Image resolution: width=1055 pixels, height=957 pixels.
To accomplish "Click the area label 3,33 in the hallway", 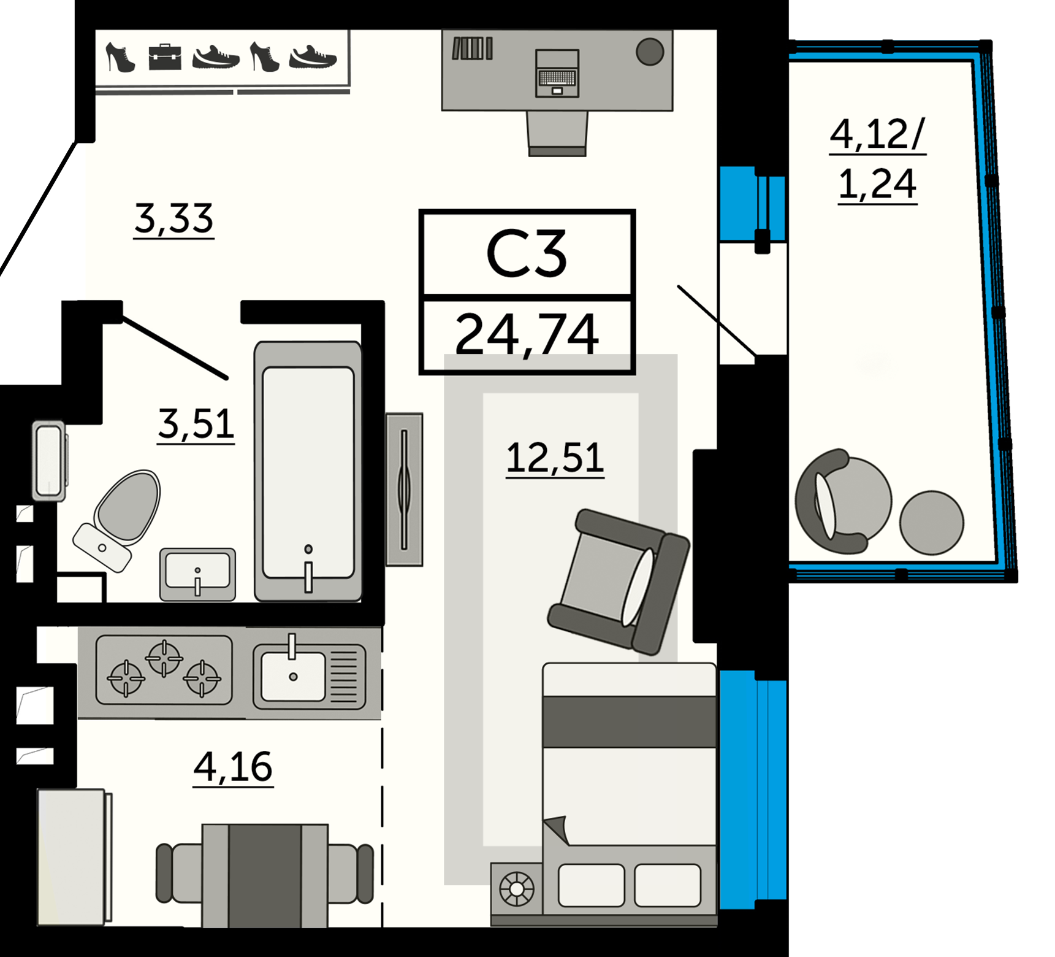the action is point(174,219).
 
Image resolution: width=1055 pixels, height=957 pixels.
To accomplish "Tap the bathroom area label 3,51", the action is point(196,424).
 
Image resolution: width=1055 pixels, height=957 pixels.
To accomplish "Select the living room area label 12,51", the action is point(555,458).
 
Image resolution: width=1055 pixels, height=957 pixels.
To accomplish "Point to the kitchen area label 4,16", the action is point(233,767).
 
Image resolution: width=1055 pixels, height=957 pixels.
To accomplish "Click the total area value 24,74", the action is point(527,334).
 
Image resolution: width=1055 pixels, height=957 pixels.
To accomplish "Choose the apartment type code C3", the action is point(527,253).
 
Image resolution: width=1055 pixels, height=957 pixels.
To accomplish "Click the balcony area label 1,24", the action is point(877,184).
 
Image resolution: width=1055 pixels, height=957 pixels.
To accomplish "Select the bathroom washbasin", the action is point(197,574).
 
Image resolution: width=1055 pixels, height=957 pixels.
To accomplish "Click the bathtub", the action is point(308,471).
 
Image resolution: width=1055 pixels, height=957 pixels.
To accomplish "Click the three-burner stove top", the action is point(164,670).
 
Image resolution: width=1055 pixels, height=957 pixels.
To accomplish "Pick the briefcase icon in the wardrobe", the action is point(165,57).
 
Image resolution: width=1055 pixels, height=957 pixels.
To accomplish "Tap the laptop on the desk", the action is point(557,74).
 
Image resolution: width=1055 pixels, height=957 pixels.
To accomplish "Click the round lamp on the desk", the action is point(650,52).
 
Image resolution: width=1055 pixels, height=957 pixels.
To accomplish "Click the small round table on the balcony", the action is point(931,523).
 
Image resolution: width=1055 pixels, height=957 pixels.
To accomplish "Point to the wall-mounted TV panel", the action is point(404,490).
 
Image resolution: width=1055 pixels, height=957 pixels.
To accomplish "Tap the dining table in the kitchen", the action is point(265,875).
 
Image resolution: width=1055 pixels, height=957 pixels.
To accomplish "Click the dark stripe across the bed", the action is point(630,721).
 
